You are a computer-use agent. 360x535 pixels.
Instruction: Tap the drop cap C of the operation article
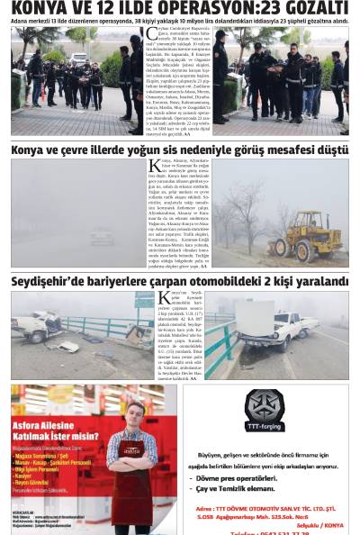tap(151, 34)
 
